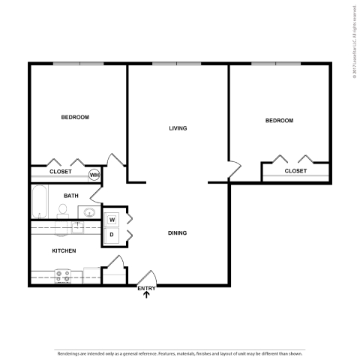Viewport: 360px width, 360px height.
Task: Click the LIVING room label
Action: point(177,128)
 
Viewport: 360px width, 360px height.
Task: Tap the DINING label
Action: point(177,233)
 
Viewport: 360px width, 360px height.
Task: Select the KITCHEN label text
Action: point(63,250)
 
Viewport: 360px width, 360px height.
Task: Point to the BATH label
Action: point(70,196)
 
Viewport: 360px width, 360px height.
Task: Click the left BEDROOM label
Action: point(75,117)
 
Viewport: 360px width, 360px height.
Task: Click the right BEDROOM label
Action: point(279,120)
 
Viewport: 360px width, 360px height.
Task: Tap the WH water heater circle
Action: point(94,175)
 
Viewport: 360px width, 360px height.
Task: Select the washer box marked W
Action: point(112,220)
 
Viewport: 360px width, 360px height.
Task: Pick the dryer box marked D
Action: point(112,235)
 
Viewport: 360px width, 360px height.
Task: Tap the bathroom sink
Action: point(88,211)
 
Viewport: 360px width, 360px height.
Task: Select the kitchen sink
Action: point(78,224)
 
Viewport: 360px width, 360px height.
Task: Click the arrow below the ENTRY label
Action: point(146,295)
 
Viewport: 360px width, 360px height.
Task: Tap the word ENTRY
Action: point(146,288)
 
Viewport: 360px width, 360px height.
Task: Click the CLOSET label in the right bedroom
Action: point(295,171)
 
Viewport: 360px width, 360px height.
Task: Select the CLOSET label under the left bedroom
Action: point(60,172)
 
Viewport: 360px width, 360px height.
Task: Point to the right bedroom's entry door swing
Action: point(235,166)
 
